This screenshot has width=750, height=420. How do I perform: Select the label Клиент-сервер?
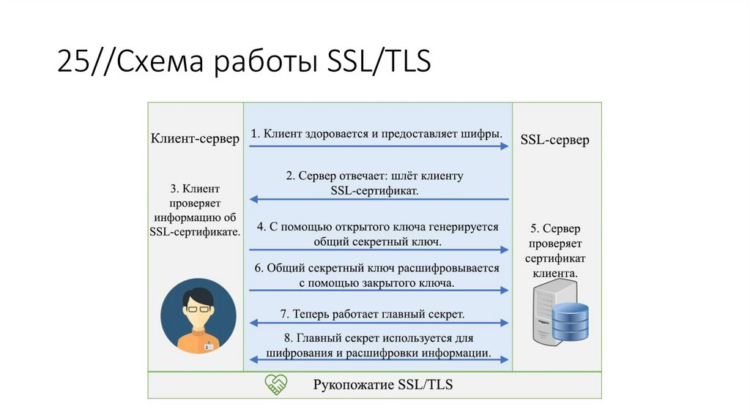tap(195, 139)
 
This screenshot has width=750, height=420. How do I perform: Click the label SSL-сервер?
tap(554, 140)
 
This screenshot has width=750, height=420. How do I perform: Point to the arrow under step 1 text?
tap(379, 146)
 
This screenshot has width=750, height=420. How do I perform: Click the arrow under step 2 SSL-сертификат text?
tap(379, 199)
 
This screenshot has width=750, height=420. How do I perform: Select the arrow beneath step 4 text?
tap(379, 249)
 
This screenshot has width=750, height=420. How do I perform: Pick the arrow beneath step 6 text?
tap(379, 290)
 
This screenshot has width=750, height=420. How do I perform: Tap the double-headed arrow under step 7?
tap(379, 323)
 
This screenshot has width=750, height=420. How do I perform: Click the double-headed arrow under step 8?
tap(379, 359)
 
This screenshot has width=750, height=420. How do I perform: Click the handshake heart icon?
tap(276, 385)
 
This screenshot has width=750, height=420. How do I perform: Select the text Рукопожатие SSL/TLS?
tap(383, 385)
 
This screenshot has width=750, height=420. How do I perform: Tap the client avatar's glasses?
tap(198, 310)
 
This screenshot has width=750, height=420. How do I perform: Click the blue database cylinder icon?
tap(570, 321)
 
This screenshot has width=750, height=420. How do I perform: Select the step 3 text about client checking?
tap(195, 210)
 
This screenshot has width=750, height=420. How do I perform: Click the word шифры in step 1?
tap(483, 134)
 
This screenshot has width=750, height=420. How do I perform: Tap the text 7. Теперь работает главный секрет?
tap(372, 314)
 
